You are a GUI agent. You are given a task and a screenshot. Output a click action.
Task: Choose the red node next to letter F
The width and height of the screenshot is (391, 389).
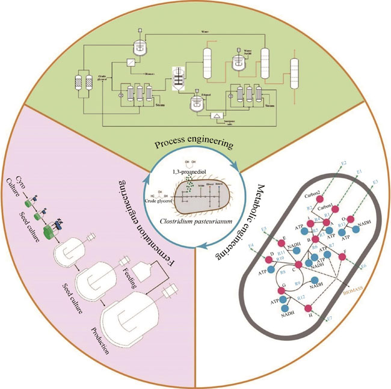tap(342, 257)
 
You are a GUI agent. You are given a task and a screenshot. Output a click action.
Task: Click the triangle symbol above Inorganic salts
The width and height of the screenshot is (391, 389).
tap(216, 115)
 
